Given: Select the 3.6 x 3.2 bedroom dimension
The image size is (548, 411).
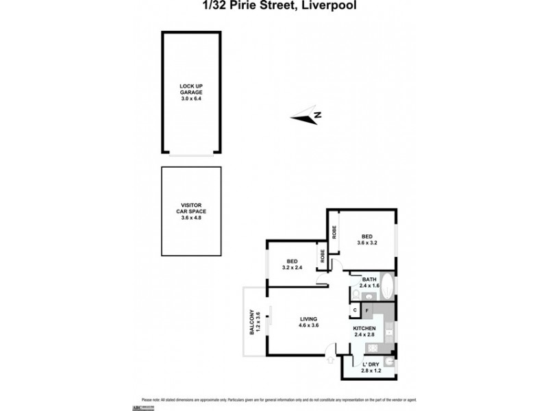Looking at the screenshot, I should (367, 242).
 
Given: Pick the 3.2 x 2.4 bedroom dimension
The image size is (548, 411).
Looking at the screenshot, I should (292, 267).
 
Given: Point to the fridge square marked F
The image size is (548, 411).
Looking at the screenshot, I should (367, 311).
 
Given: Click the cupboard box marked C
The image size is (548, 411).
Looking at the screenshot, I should (355, 311).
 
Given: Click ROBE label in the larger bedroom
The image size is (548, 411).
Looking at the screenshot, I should (334, 232).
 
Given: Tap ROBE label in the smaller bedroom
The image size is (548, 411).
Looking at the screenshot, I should (321, 256).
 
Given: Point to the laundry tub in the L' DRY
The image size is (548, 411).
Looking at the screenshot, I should (388, 362).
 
